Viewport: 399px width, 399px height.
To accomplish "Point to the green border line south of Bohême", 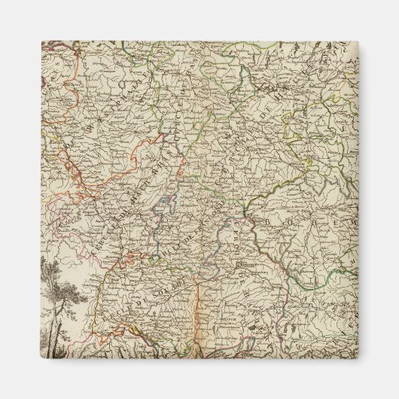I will pos(301,282).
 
